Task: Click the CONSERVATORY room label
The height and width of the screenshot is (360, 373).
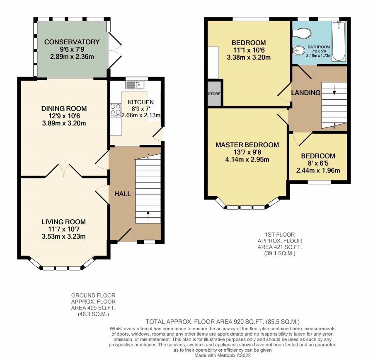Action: click(72, 42)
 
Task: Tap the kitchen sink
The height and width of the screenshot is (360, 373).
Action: click(135, 85)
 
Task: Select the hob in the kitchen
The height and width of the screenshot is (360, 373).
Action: click(116, 110)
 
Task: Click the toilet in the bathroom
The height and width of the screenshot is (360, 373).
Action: click(302, 33)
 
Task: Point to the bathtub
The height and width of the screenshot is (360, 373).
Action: click(339, 41)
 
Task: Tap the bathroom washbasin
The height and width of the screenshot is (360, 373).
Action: click(298, 50)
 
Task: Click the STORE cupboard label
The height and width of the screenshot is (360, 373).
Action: click(214, 94)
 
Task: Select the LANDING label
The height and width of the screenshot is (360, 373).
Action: click(306, 93)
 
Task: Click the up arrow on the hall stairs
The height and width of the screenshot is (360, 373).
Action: click(148, 216)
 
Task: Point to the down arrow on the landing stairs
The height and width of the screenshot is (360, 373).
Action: click(334, 89)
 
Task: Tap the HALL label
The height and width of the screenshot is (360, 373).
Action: click(123, 194)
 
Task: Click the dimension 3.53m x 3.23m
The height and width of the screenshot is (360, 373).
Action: click(63, 237)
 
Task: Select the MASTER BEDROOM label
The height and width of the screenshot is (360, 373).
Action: click(247, 145)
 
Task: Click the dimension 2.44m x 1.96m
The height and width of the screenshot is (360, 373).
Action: click(318, 170)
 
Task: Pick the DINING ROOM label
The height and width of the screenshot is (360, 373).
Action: click(64, 108)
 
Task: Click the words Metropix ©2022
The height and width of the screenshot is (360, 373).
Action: click(234, 355)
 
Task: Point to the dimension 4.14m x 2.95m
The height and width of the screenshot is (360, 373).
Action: click(247, 160)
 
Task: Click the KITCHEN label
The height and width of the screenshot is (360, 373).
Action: click(141, 102)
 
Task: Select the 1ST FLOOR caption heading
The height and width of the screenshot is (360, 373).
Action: click(280, 235)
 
